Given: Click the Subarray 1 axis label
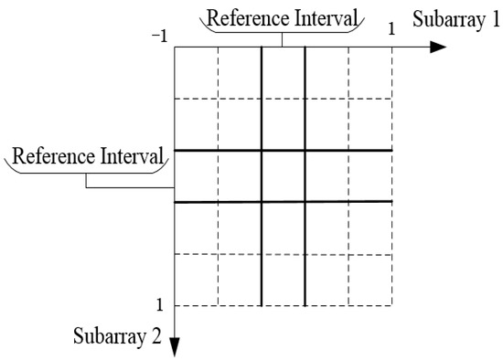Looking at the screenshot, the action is tap(454, 20).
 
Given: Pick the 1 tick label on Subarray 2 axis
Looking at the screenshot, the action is tap(161, 304).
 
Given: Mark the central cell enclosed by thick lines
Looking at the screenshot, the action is tap(283, 175).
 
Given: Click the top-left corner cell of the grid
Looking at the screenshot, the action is tap(196, 71).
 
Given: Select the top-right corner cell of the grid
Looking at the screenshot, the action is tap(370, 71).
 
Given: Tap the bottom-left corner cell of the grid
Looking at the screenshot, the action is tap(196, 280).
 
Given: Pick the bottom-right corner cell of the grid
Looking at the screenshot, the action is tap(370, 280).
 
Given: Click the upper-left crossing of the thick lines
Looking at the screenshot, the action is tap(262, 150).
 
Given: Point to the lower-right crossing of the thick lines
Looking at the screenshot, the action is tap(305, 202).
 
